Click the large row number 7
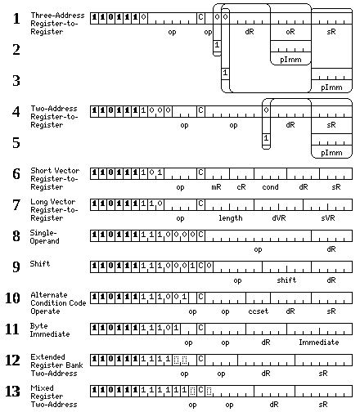coord(16,205)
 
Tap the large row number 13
coord(12,392)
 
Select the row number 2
coord(16,50)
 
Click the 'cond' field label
coord(270,187)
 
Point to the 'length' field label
coord(231,218)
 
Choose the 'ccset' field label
coord(259,311)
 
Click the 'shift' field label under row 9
coord(286,280)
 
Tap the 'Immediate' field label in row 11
coord(319,342)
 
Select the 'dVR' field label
coord(279,218)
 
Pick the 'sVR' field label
coord(328,218)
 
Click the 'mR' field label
coord(216,187)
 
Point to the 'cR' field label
coord(241,187)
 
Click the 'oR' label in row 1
coord(290,32)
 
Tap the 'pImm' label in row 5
coord(331,153)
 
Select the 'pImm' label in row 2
coord(290,60)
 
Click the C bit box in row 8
coord(200,235)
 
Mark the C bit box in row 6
coord(200,173)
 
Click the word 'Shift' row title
coord(40,263)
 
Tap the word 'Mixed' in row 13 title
coord(42,387)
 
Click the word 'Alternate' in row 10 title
coord(49,294)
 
